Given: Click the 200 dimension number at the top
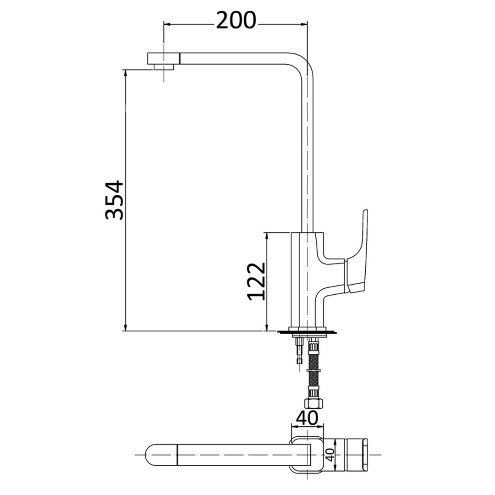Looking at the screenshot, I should (236, 20).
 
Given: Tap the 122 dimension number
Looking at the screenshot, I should (256, 281).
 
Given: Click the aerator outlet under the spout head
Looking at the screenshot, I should (164, 67).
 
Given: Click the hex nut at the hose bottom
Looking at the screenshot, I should (314, 403).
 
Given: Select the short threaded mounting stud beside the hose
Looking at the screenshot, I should (299, 351).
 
